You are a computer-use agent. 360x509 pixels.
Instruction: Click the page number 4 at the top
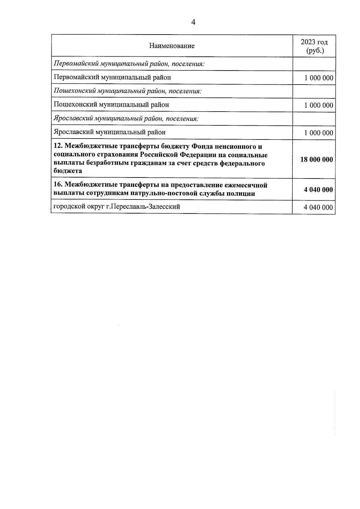click(x=193, y=22)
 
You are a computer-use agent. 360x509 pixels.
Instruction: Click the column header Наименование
click(x=172, y=46)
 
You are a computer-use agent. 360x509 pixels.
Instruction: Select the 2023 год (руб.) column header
click(x=314, y=46)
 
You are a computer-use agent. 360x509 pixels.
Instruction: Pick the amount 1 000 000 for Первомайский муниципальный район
click(x=319, y=78)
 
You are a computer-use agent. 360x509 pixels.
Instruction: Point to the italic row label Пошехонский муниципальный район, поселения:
click(x=127, y=91)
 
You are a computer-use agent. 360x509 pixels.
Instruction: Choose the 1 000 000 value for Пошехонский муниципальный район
click(x=319, y=105)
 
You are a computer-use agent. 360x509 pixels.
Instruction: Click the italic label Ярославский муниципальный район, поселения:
click(x=126, y=118)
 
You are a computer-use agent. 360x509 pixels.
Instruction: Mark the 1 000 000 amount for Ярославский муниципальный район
click(x=319, y=133)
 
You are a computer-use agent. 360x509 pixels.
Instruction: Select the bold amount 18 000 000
click(x=316, y=160)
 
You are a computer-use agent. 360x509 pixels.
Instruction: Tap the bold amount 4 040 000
click(x=318, y=190)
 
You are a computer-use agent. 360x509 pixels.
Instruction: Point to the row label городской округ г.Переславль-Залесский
click(x=117, y=207)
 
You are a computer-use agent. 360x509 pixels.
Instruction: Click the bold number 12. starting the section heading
click(x=58, y=147)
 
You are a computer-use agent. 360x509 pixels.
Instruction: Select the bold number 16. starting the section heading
click(x=58, y=185)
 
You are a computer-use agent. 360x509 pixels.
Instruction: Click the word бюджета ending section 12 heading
click(x=68, y=171)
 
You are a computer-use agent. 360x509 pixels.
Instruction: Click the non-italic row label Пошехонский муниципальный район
click(x=111, y=105)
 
